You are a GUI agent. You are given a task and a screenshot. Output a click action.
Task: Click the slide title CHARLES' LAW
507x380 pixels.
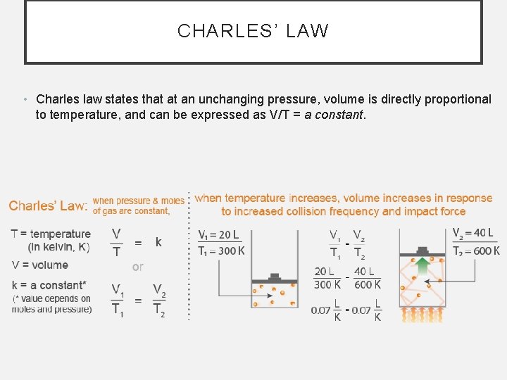253,31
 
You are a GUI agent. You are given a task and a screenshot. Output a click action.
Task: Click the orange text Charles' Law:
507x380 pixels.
49,205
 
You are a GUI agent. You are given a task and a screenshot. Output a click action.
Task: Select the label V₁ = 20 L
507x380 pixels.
218,235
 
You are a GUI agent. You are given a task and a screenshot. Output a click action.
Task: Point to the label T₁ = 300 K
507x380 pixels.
222,251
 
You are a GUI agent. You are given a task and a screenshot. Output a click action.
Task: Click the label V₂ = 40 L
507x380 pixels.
472,233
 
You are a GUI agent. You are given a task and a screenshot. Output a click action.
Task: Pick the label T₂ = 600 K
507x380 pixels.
476,251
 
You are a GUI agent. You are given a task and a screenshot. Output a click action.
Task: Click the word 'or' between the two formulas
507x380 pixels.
138,267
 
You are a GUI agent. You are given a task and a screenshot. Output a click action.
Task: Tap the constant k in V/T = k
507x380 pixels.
158,242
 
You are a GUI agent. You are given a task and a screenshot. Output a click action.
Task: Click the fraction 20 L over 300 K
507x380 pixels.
327,277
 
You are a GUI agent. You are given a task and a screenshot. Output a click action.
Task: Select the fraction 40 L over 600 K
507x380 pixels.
367,277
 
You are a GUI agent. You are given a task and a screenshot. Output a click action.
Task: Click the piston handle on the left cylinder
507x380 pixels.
275,277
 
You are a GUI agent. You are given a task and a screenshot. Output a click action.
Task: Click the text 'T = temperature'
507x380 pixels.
51,234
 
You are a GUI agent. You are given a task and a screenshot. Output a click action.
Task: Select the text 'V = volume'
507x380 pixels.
40,265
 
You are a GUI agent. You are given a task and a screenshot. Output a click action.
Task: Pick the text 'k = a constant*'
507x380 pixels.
49,285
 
